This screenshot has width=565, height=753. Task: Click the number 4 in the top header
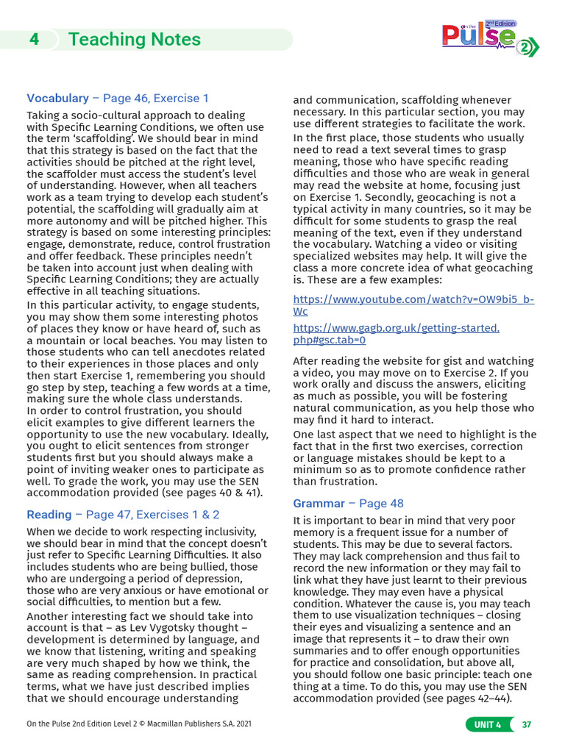click(34, 40)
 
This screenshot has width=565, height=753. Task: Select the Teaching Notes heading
click(134, 40)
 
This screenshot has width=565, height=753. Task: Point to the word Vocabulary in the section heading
click(57, 98)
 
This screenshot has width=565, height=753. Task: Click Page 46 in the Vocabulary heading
click(126, 98)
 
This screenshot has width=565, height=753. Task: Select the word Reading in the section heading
click(49, 515)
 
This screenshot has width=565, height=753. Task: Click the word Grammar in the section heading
click(319, 503)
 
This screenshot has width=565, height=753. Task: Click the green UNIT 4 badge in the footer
click(487, 724)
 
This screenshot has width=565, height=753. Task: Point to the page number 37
click(526, 724)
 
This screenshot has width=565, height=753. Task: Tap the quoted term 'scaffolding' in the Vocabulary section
click(87, 138)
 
